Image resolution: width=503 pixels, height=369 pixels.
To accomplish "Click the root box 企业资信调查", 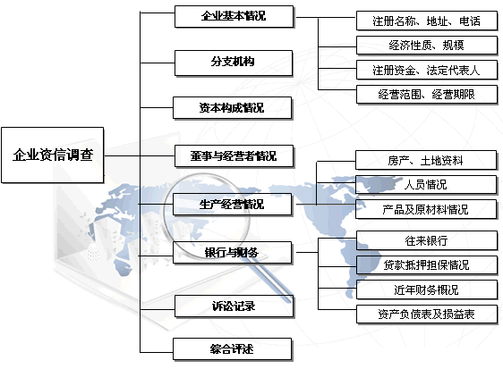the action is [x=53, y=155].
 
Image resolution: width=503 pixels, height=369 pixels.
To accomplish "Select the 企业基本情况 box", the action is [x=234, y=16].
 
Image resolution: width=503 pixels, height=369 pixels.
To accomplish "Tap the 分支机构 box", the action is [x=234, y=63].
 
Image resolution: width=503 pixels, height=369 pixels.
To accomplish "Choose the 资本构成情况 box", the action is [x=232, y=108].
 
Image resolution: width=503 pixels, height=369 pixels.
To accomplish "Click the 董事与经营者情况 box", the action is [x=234, y=156].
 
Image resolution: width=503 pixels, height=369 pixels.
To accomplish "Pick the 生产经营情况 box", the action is [x=232, y=204].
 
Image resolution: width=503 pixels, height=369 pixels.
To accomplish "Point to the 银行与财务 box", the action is [x=232, y=253].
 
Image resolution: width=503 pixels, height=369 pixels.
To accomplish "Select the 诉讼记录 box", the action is [x=234, y=306].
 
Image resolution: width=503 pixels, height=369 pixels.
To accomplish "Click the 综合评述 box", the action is [x=232, y=349].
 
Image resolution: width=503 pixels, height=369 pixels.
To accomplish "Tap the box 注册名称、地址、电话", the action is [x=427, y=21].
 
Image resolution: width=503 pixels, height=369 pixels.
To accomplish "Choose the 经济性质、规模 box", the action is [x=427, y=46].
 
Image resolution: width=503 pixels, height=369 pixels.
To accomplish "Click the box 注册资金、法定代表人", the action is [x=427, y=70].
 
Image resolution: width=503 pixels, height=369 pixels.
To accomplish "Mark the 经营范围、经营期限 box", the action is [x=427, y=94].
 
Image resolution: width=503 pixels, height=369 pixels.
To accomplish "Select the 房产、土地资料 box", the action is [x=426, y=160].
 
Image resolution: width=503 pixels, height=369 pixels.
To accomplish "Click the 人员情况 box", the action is [x=426, y=184].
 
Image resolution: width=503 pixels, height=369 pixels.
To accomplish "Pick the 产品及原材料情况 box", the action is [x=426, y=209].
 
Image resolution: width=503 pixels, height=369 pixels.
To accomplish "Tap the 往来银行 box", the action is [x=427, y=240].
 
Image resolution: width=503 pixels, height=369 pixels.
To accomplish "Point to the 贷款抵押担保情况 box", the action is [x=427, y=264].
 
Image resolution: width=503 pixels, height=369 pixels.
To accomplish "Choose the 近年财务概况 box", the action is [x=427, y=289].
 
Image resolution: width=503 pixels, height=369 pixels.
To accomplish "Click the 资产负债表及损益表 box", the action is [x=427, y=314].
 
